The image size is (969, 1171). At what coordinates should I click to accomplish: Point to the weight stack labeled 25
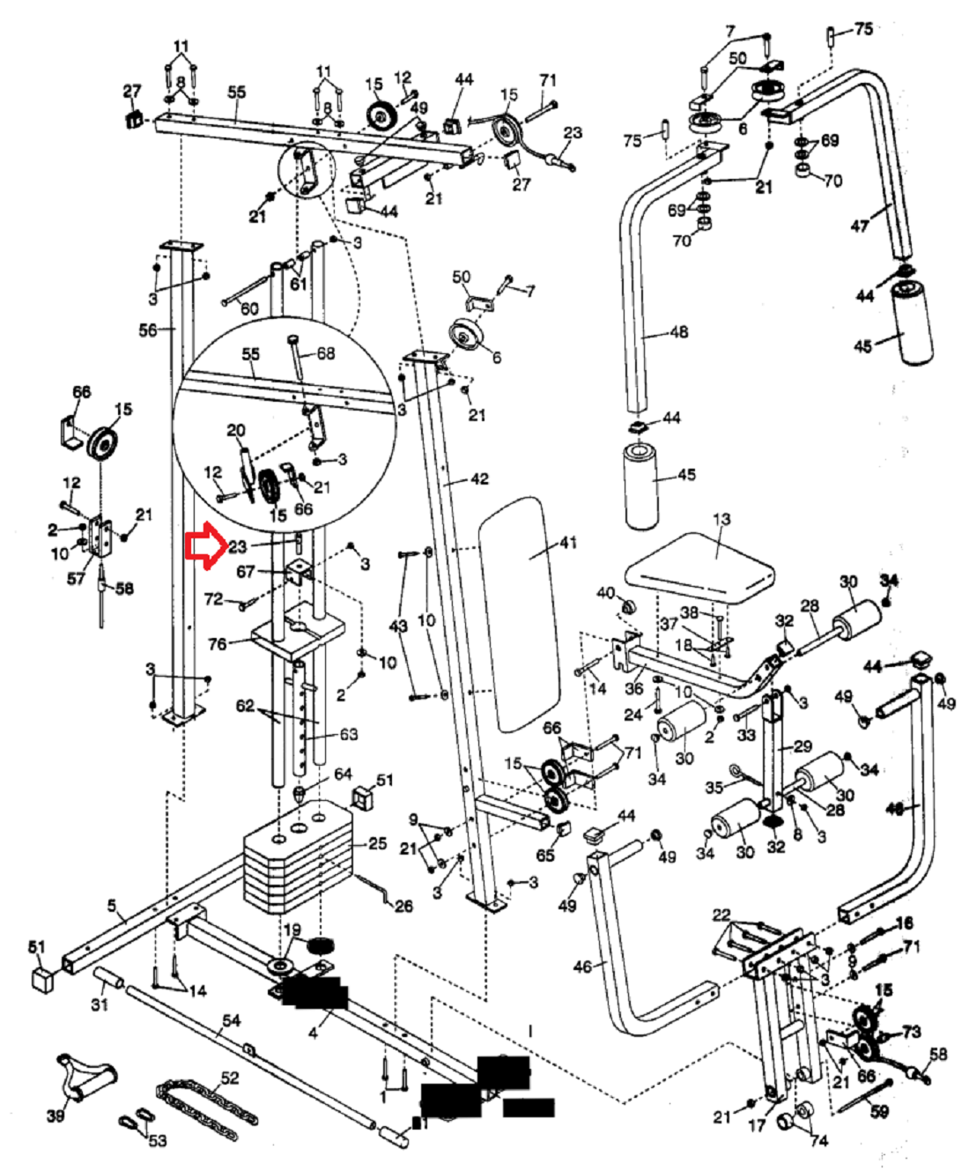[x=295, y=859]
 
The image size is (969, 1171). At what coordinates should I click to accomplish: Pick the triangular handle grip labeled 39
[x=84, y=1079]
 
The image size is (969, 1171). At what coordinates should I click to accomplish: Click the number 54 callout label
[x=231, y=1020]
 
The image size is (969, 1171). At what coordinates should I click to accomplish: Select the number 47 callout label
[x=860, y=226]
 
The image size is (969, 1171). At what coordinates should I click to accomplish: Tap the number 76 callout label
[x=217, y=644]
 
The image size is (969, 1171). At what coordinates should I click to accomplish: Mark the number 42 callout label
[x=479, y=479]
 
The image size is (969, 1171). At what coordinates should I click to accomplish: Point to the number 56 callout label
[x=147, y=330]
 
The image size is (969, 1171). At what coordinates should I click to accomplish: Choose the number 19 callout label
[x=292, y=930]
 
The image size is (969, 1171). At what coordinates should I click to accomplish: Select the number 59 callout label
[x=879, y=1112]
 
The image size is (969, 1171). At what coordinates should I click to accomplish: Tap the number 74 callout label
[x=819, y=1140]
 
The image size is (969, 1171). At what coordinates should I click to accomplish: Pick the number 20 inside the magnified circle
[x=236, y=430]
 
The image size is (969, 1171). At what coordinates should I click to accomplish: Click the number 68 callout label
[x=326, y=353]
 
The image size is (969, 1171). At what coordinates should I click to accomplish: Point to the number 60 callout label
[x=250, y=308]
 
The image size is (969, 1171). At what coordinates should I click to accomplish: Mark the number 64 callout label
[x=343, y=774]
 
